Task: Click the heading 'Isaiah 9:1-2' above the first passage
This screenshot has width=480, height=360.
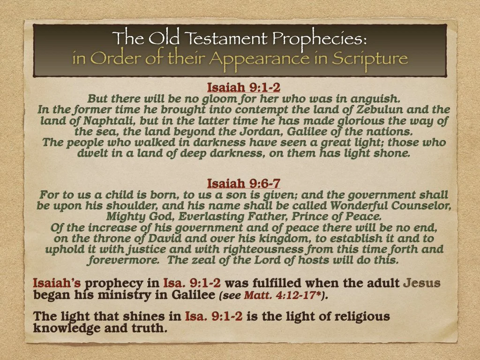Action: (244, 87)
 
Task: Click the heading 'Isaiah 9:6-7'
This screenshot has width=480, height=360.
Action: (244, 183)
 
